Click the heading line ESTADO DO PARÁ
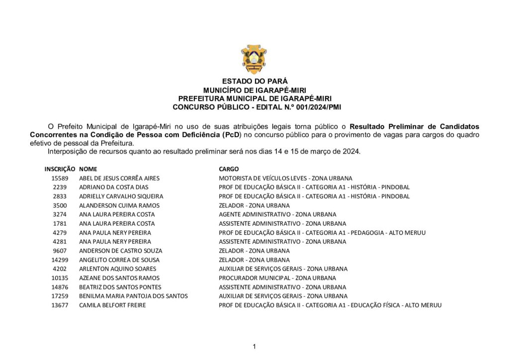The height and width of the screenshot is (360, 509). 254,81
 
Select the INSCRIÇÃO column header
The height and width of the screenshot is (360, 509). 60,169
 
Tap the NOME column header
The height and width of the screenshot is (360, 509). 87,169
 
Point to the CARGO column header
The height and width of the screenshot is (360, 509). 229,169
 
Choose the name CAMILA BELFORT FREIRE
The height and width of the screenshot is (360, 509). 112,305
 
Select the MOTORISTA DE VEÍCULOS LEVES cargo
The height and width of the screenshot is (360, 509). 285,178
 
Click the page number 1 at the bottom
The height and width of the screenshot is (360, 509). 254,347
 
